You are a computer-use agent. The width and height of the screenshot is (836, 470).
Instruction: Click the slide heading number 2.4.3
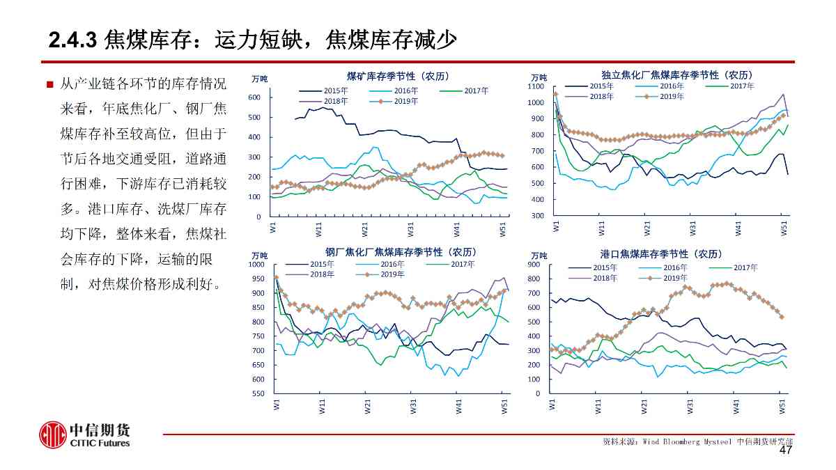(x=72, y=40)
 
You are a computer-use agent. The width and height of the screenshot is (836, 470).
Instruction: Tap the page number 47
(x=786, y=451)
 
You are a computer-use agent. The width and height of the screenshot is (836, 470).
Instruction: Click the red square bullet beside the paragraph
(x=49, y=85)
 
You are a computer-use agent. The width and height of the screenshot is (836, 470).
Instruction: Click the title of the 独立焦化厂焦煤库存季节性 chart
(x=677, y=74)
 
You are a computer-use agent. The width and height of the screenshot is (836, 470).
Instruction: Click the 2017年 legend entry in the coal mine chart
(x=476, y=91)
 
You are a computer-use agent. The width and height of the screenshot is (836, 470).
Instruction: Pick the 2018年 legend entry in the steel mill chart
(x=322, y=274)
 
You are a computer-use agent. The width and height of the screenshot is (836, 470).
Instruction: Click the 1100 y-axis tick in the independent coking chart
(x=535, y=87)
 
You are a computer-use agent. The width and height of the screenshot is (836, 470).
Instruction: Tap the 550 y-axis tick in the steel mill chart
(x=258, y=394)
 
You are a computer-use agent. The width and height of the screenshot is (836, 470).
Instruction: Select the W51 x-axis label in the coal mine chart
(x=503, y=230)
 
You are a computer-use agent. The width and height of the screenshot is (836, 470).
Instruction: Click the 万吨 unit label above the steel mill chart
(x=259, y=256)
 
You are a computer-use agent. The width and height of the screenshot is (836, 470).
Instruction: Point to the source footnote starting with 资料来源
(x=697, y=441)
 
